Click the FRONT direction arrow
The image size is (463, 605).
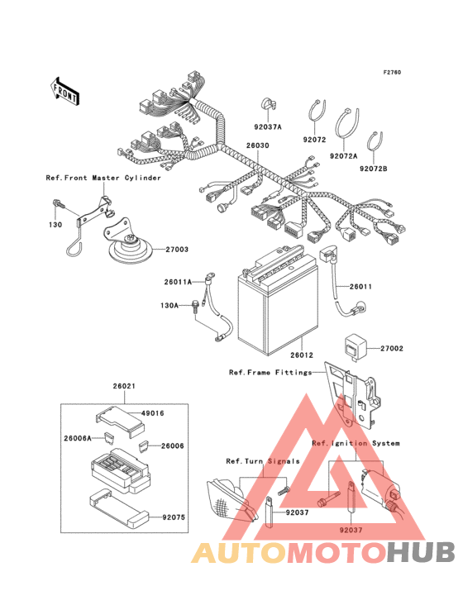tap(64, 91)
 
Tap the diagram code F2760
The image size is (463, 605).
tap(392, 72)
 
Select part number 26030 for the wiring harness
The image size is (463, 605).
tap(258, 145)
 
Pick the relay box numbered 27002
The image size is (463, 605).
tap(354, 346)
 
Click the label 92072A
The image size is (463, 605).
tap(343, 156)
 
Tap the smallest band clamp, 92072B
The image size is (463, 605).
tap(375, 142)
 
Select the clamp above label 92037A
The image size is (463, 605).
tap(268, 104)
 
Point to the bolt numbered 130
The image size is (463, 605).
tap(57, 203)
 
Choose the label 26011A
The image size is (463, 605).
tap(178, 282)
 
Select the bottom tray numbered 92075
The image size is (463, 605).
tap(118, 509)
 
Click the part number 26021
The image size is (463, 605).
tap(124, 386)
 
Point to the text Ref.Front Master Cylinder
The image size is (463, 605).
tap(103, 178)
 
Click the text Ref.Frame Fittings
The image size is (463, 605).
tap(270, 372)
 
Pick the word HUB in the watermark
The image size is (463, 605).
tap(421, 553)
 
